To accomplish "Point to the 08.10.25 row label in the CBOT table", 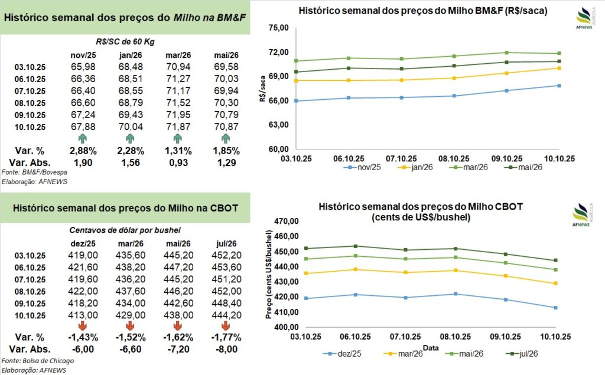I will [29, 291].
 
